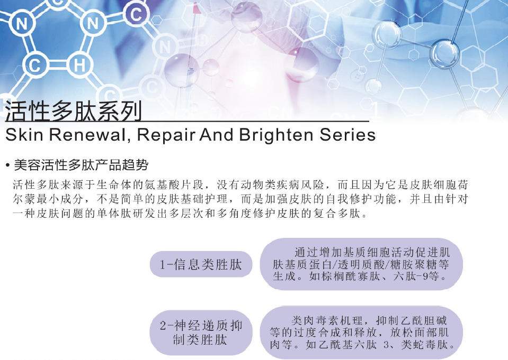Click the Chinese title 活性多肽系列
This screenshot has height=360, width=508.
(74, 111)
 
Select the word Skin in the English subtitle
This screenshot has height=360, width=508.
(24, 135)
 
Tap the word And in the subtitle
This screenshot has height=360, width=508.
(216, 135)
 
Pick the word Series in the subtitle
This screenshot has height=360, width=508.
(347, 135)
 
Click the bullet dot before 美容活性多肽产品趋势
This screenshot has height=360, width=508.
(7, 165)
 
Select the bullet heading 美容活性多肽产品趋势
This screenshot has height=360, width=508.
(81, 165)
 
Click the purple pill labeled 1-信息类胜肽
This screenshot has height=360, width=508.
(201, 264)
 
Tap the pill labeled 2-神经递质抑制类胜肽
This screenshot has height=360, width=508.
(201, 333)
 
